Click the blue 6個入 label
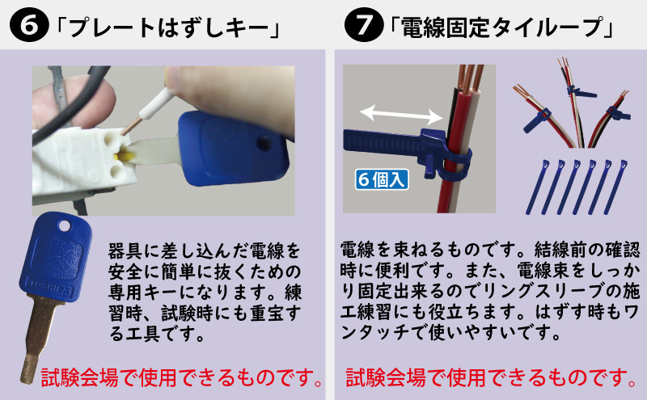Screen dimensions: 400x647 click(380, 177)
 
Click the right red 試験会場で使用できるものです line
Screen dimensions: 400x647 click(490, 377)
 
